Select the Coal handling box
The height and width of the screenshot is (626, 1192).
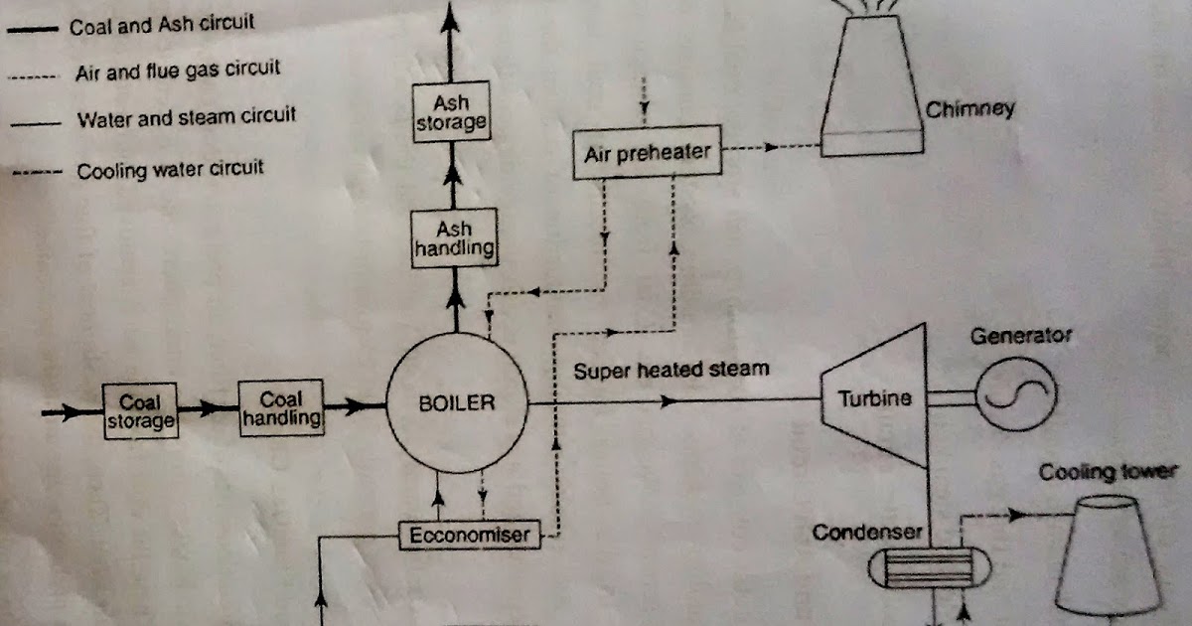tap(282, 408)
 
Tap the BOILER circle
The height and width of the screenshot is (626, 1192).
tap(456, 403)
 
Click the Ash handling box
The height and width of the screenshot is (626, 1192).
tap(454, 238)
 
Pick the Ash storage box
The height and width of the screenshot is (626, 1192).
tap(452, 112)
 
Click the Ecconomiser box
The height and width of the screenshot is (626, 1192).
tap(470, 536)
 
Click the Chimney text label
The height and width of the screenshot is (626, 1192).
tap(970, 108)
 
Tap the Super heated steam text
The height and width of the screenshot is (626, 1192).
tap(671, 370)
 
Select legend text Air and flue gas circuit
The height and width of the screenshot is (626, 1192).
tap(178, 72)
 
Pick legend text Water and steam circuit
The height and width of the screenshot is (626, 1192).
tap(187, 118)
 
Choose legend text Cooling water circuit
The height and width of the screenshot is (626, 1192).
tap(171, 170)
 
